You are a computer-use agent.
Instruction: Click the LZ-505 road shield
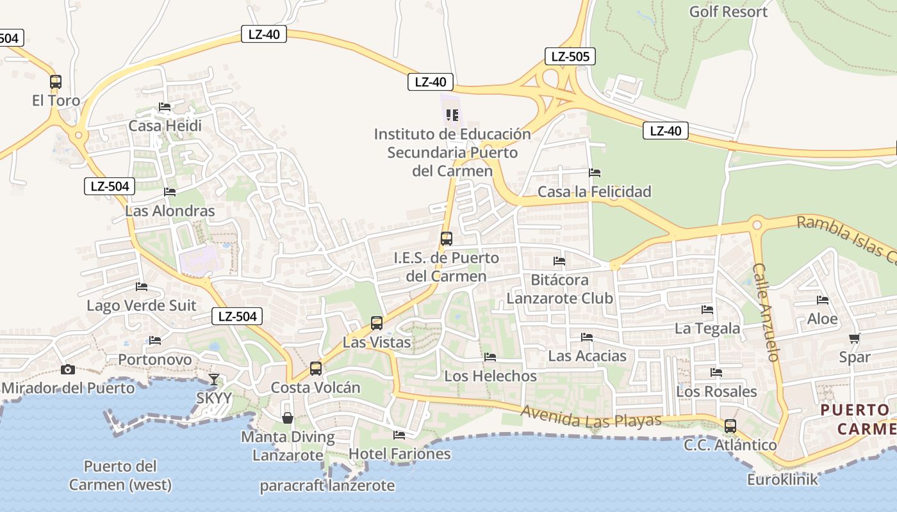570,56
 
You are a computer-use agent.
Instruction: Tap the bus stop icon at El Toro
56,82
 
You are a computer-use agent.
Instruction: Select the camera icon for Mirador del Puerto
67,369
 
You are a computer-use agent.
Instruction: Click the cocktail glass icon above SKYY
214,380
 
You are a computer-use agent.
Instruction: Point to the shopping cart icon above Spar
854,339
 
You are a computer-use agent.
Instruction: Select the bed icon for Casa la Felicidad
595,173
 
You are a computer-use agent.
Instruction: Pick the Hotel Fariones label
399,454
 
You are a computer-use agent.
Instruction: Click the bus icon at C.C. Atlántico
730,426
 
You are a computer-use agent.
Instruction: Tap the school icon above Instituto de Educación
452,115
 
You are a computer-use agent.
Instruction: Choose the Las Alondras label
170,211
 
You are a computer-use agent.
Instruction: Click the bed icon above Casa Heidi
165,107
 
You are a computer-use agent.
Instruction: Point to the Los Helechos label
490,376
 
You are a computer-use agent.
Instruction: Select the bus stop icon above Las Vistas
377,323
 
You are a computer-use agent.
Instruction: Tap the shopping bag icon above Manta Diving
288,418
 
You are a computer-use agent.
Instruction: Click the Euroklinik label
782,479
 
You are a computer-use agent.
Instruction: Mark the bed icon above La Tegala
707,310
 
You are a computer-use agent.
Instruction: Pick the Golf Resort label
728,12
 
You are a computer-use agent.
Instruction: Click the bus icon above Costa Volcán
316,369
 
